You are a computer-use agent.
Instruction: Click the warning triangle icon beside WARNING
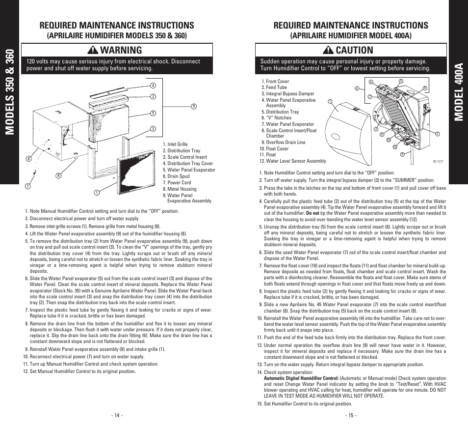click(91, 50)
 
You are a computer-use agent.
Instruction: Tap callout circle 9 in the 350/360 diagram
click(194, 106)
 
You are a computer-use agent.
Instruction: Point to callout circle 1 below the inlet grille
click(97, 192)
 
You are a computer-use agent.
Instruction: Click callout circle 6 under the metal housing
click(58, 175)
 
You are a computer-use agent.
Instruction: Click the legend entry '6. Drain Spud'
click(179, 176)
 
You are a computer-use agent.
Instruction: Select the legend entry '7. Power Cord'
click(179, 182)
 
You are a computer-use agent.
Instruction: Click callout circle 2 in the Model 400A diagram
click(437, 134)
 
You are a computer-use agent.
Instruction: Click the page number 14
click(116, 415)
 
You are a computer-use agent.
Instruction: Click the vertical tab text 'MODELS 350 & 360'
click(9, 92)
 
